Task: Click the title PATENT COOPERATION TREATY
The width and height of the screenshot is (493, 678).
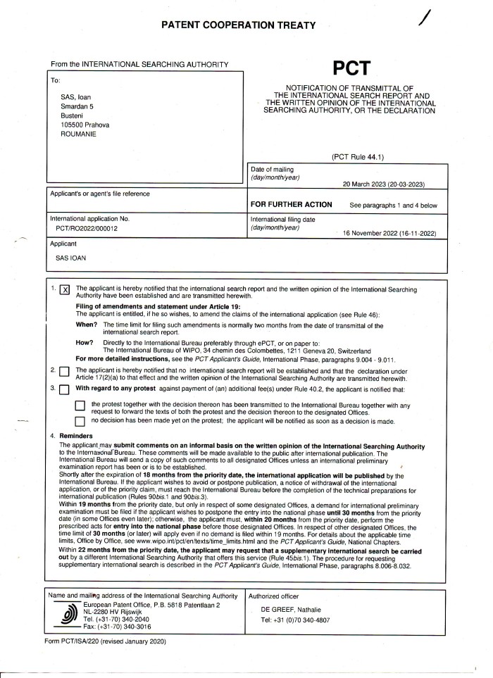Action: [246, 25]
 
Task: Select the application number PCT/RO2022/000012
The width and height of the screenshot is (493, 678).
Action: [87, 229]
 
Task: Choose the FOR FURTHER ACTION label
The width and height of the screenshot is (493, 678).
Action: [291, 205]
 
